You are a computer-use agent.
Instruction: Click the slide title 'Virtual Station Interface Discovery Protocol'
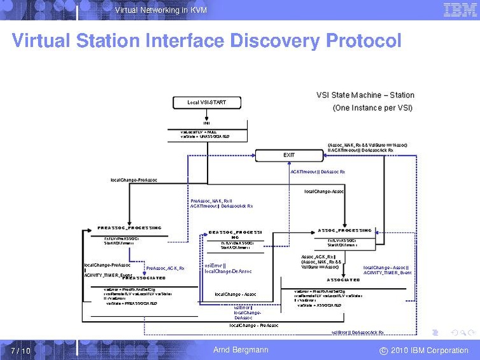(206, 41)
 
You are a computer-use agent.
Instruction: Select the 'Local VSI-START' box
(206, 102)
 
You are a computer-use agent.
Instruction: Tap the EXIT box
(289, 155)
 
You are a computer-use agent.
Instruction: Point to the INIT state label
(206, 123)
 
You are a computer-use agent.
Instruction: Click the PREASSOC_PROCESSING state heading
(129, 228)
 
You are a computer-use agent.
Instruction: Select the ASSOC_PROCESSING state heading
(344, 230)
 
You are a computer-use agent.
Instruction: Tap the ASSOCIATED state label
(343, 280)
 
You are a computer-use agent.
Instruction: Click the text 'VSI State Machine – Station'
(365, 95)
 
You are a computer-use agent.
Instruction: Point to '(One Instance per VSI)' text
(372, 108)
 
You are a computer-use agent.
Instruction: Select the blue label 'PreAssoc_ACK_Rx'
(165, 268)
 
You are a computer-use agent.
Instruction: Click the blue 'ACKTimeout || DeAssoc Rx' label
(318, 172)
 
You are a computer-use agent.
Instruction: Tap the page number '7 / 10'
(20, 350)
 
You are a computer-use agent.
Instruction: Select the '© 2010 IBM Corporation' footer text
(423, 350)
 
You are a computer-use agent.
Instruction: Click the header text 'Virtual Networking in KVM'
(160, 10)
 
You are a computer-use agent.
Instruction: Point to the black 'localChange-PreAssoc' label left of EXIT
(134, 180)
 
